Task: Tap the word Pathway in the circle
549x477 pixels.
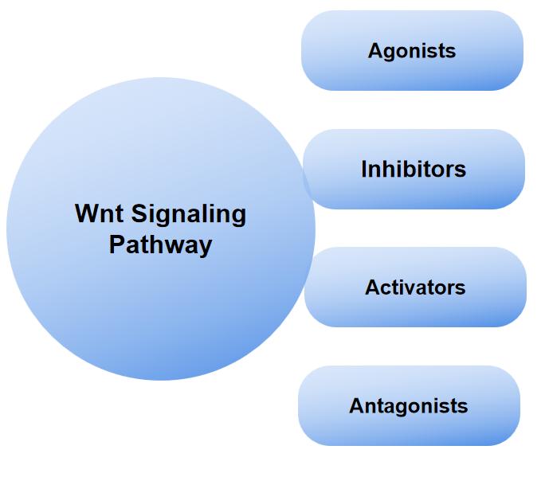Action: [160, 244]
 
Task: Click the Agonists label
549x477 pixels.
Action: [411, 51]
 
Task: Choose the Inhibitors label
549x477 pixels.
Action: [413, 170]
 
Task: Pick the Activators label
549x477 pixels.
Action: [415, 287]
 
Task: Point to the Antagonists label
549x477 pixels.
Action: [408, 406]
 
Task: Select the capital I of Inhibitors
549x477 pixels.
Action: [364, 170]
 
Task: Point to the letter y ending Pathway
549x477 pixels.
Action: [206, 246]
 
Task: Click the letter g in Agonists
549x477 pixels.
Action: [389, 53]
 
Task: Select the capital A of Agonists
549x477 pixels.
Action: [375, 51]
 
